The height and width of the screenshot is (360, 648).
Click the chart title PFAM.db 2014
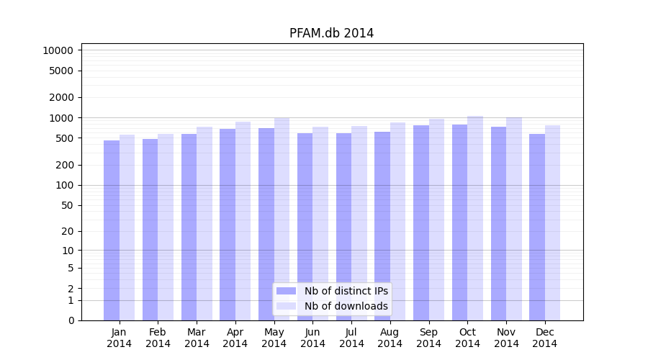pos(331,33)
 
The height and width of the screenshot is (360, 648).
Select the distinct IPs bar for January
pos(112,230)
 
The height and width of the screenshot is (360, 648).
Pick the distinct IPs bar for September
pos(421,223)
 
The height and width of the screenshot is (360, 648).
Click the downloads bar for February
pos(166,227)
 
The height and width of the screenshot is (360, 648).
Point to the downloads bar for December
pos(553,223)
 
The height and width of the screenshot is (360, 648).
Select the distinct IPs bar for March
pos(189,227)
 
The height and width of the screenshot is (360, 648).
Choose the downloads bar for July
pos(359,223)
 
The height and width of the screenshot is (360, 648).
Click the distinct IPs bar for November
pos(498,223)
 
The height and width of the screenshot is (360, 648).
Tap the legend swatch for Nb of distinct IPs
pos(287,291)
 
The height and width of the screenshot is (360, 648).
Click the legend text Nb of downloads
pos(346,306)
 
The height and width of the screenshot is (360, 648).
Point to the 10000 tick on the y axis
pos(58,50)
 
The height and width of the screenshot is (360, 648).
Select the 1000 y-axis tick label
pos(60,117)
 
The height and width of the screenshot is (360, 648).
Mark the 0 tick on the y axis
pos(71,320)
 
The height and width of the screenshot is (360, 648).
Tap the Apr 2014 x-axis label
pos(235,338)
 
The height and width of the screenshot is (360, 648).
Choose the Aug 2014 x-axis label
pos(390,338)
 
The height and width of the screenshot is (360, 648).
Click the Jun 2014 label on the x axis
pos(312,338)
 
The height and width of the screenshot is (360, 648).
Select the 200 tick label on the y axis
pos(63,165)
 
